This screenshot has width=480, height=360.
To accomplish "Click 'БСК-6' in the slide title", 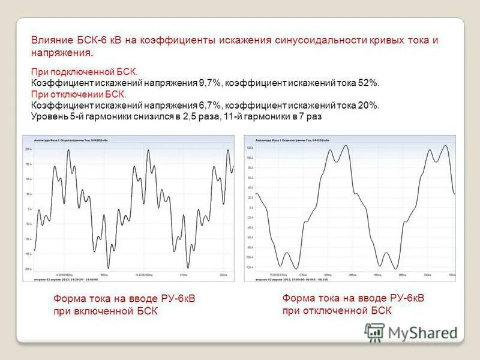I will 91,40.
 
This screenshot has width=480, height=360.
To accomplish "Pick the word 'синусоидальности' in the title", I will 320,40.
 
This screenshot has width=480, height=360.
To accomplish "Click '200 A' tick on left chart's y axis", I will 28,149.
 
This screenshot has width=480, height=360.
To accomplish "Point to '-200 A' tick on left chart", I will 28,269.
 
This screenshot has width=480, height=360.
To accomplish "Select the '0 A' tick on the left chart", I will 29,209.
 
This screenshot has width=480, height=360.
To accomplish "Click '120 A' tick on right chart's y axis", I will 250,147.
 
